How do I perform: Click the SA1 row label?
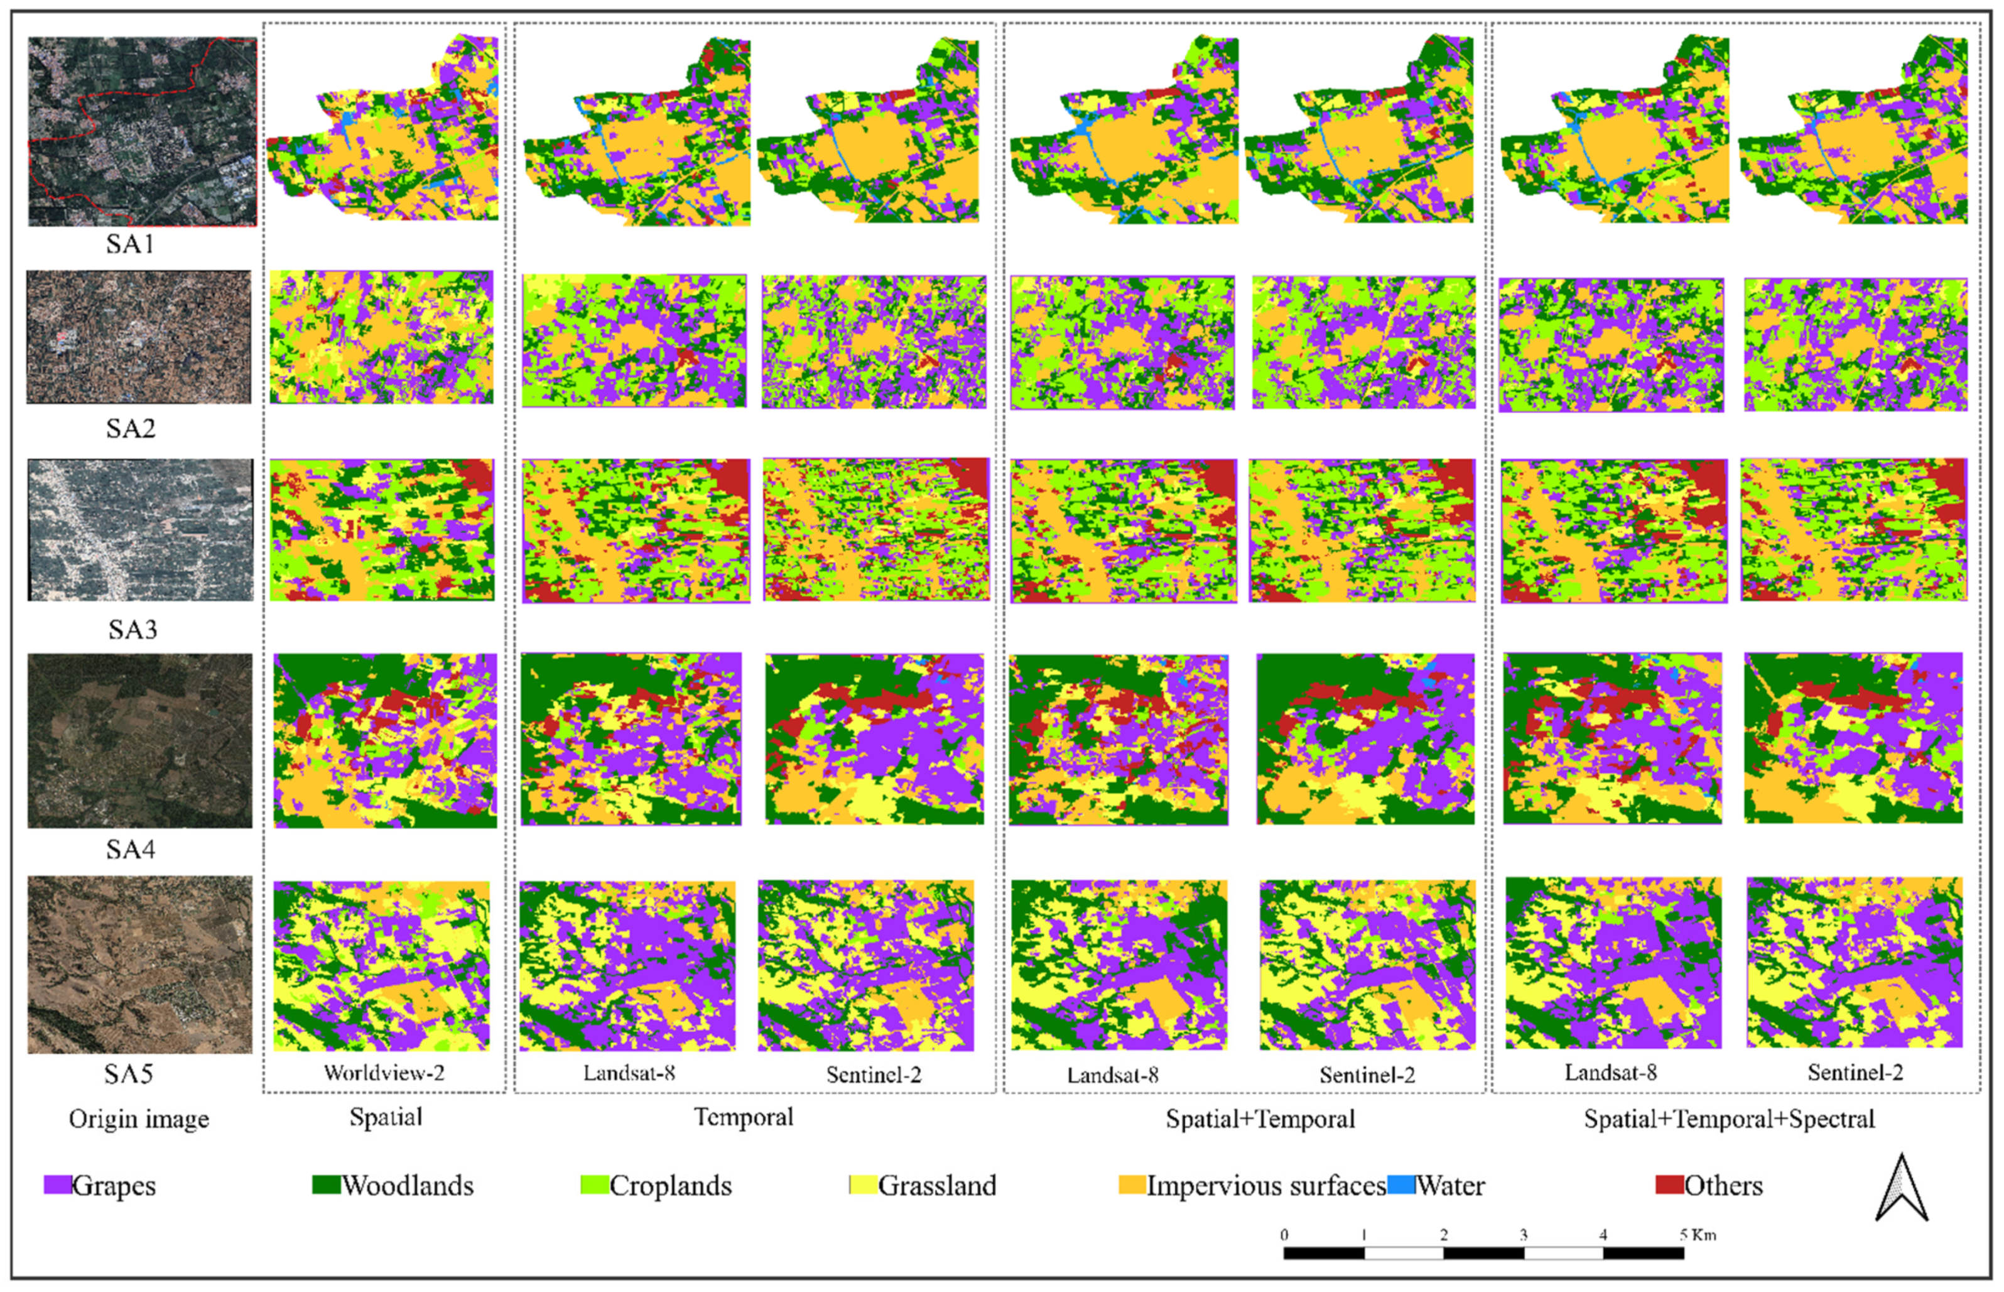click(130, 244)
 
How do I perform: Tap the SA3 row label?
click(132, 629)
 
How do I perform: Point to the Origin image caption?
click(138, 1119)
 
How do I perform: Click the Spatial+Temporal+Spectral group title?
click(1729, 1119)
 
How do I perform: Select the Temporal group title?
click(743, 1117)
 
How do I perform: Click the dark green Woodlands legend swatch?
click(325, 1185)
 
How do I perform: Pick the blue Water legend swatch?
click(1401, 1185)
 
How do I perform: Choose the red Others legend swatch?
click(1669, 1185)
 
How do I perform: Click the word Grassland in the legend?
click(938, 1185)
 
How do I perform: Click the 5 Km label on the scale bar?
click(1698, 1235)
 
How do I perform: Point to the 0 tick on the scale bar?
click(1284, 1235)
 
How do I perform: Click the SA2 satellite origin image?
click(138, 336)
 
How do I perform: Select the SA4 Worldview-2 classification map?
click(385, 740)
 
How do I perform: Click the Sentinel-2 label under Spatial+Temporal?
click(1367, 1075)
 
